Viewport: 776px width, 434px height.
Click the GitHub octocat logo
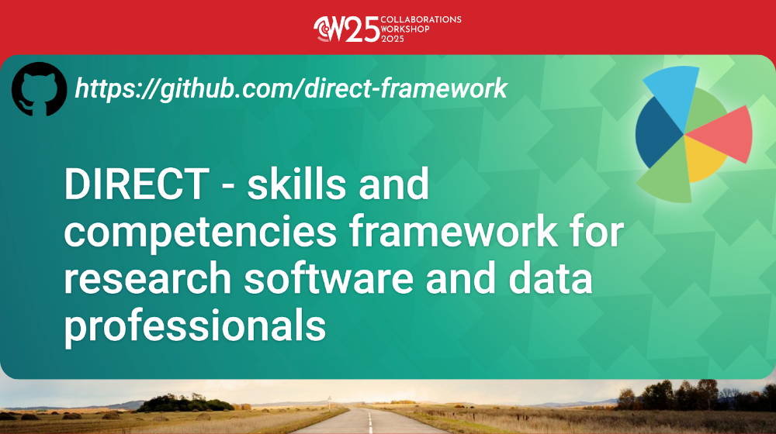pos(39,89)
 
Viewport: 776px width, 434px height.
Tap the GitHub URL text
pos(291,89)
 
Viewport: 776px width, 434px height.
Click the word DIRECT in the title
pos(137,184)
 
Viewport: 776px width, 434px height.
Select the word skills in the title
pos(296,184)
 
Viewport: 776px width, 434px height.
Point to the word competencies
pos(200,233)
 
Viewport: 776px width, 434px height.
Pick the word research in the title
pos(147,278)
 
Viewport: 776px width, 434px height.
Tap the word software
pos(328,277)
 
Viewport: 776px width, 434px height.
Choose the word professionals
pos(195,327)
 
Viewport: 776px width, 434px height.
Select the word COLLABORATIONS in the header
pos(421,20)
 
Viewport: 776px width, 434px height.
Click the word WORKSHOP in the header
pos(405,29)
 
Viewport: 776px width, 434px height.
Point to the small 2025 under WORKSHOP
pos(393,39)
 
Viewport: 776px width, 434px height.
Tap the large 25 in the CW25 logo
pos(362,29)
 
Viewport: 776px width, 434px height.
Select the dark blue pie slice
pos(656,132)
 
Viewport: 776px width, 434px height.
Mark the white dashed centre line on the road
pos(369,422)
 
